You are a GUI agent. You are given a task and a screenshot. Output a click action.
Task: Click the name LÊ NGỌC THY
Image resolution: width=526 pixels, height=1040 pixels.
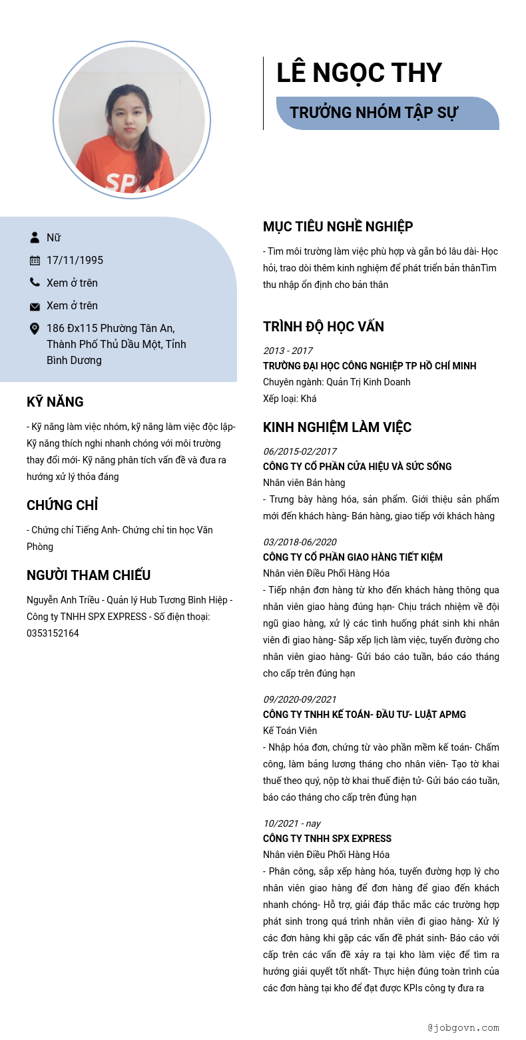tap(359, 73)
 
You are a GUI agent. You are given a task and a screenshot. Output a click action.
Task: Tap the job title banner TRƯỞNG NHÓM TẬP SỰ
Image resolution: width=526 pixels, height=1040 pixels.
tap(374, 113)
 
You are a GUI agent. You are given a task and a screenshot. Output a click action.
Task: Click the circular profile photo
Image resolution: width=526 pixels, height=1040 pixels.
tap(132, 121)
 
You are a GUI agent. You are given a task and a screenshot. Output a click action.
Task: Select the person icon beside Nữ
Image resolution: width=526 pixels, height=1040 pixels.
tap(35, 237)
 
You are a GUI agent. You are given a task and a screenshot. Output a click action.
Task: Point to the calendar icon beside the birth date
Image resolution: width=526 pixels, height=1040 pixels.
tap(35, 260)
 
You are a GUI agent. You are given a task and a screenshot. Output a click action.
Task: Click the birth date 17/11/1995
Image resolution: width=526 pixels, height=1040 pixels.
tap(75, 260)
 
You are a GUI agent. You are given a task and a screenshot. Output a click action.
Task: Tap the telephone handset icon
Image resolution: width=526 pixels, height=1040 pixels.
tap(35, 283)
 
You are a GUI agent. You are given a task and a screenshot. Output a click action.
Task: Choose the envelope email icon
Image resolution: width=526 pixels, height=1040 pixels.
tap(35, 306)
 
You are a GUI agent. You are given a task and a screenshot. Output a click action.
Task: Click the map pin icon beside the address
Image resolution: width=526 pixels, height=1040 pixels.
tap(35, 329)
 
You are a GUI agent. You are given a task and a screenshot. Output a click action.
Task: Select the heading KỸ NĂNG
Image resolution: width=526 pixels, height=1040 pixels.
tap(55, 402)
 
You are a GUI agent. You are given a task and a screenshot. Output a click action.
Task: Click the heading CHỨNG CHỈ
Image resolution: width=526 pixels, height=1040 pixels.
tap(63, 505)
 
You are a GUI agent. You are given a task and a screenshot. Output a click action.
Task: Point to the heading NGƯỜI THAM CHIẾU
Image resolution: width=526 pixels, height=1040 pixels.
tap(89, 575)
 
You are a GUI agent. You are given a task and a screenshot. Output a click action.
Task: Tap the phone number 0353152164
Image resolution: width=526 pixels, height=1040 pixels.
tap(53, 633)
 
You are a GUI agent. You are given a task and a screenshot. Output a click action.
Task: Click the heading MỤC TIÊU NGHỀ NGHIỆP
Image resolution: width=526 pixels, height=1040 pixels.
tap(338, 227)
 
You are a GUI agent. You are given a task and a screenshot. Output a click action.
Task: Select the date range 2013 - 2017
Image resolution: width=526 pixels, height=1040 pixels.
tap(288, 351)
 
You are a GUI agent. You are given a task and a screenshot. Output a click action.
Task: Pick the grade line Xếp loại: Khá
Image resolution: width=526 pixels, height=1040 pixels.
tap(290, 399)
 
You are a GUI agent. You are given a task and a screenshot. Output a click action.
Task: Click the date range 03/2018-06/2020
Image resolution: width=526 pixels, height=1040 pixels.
tap(300, 541)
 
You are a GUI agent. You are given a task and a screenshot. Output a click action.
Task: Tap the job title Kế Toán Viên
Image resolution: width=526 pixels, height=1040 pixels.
tap(290, 731)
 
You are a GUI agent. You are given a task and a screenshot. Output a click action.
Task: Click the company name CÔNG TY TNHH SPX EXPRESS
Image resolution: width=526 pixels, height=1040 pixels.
tap(327, 839)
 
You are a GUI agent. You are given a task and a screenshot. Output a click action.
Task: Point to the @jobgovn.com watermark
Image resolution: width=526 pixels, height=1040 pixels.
tap(463, 1027)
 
